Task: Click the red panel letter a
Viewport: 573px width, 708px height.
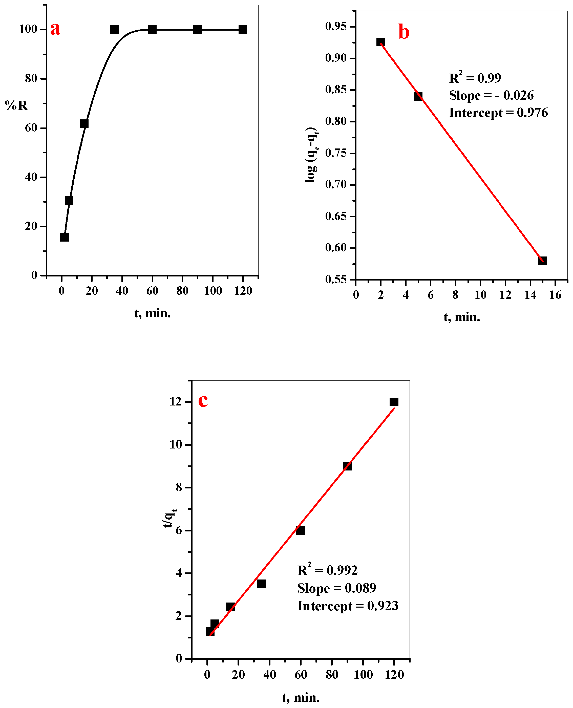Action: pyautogui.click(x=55, y=29)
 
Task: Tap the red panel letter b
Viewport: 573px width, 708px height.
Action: pyautogui.click(x=404, y=32)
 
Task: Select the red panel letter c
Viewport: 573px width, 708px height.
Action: pyautogui.click(x=203, y=401)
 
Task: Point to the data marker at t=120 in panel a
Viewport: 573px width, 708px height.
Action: pyautogui.click(x=243, y=30)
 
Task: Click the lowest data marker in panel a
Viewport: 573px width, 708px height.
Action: pyautogui.click(x=64, y=237)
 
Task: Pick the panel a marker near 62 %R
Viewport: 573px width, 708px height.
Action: pyautogui.click(x=84, y=124)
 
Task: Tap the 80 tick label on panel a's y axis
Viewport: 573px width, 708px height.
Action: pyautogui.click(x=31, y=79)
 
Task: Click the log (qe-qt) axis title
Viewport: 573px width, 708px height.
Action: pyautogui.click(x=311, y=155)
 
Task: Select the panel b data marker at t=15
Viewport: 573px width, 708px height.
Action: pyautogui.click(x=542, y=261)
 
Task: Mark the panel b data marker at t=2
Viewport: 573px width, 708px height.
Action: pyautogui.click(x=380, y=42)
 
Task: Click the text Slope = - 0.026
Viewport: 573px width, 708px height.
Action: pyautogui.click(x=491, y=95)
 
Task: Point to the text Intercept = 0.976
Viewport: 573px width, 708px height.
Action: pyautogui.click(x=498, y=113)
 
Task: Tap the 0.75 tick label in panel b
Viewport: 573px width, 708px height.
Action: pyautogui.click(x=336, y=153)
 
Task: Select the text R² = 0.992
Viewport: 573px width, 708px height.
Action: pyautogui.click(x=327, y=570)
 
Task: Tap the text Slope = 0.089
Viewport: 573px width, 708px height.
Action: pyautogui.click(x=336, y=588)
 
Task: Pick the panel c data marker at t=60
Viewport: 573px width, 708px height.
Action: pyautogui.click(x=300, y=530)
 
